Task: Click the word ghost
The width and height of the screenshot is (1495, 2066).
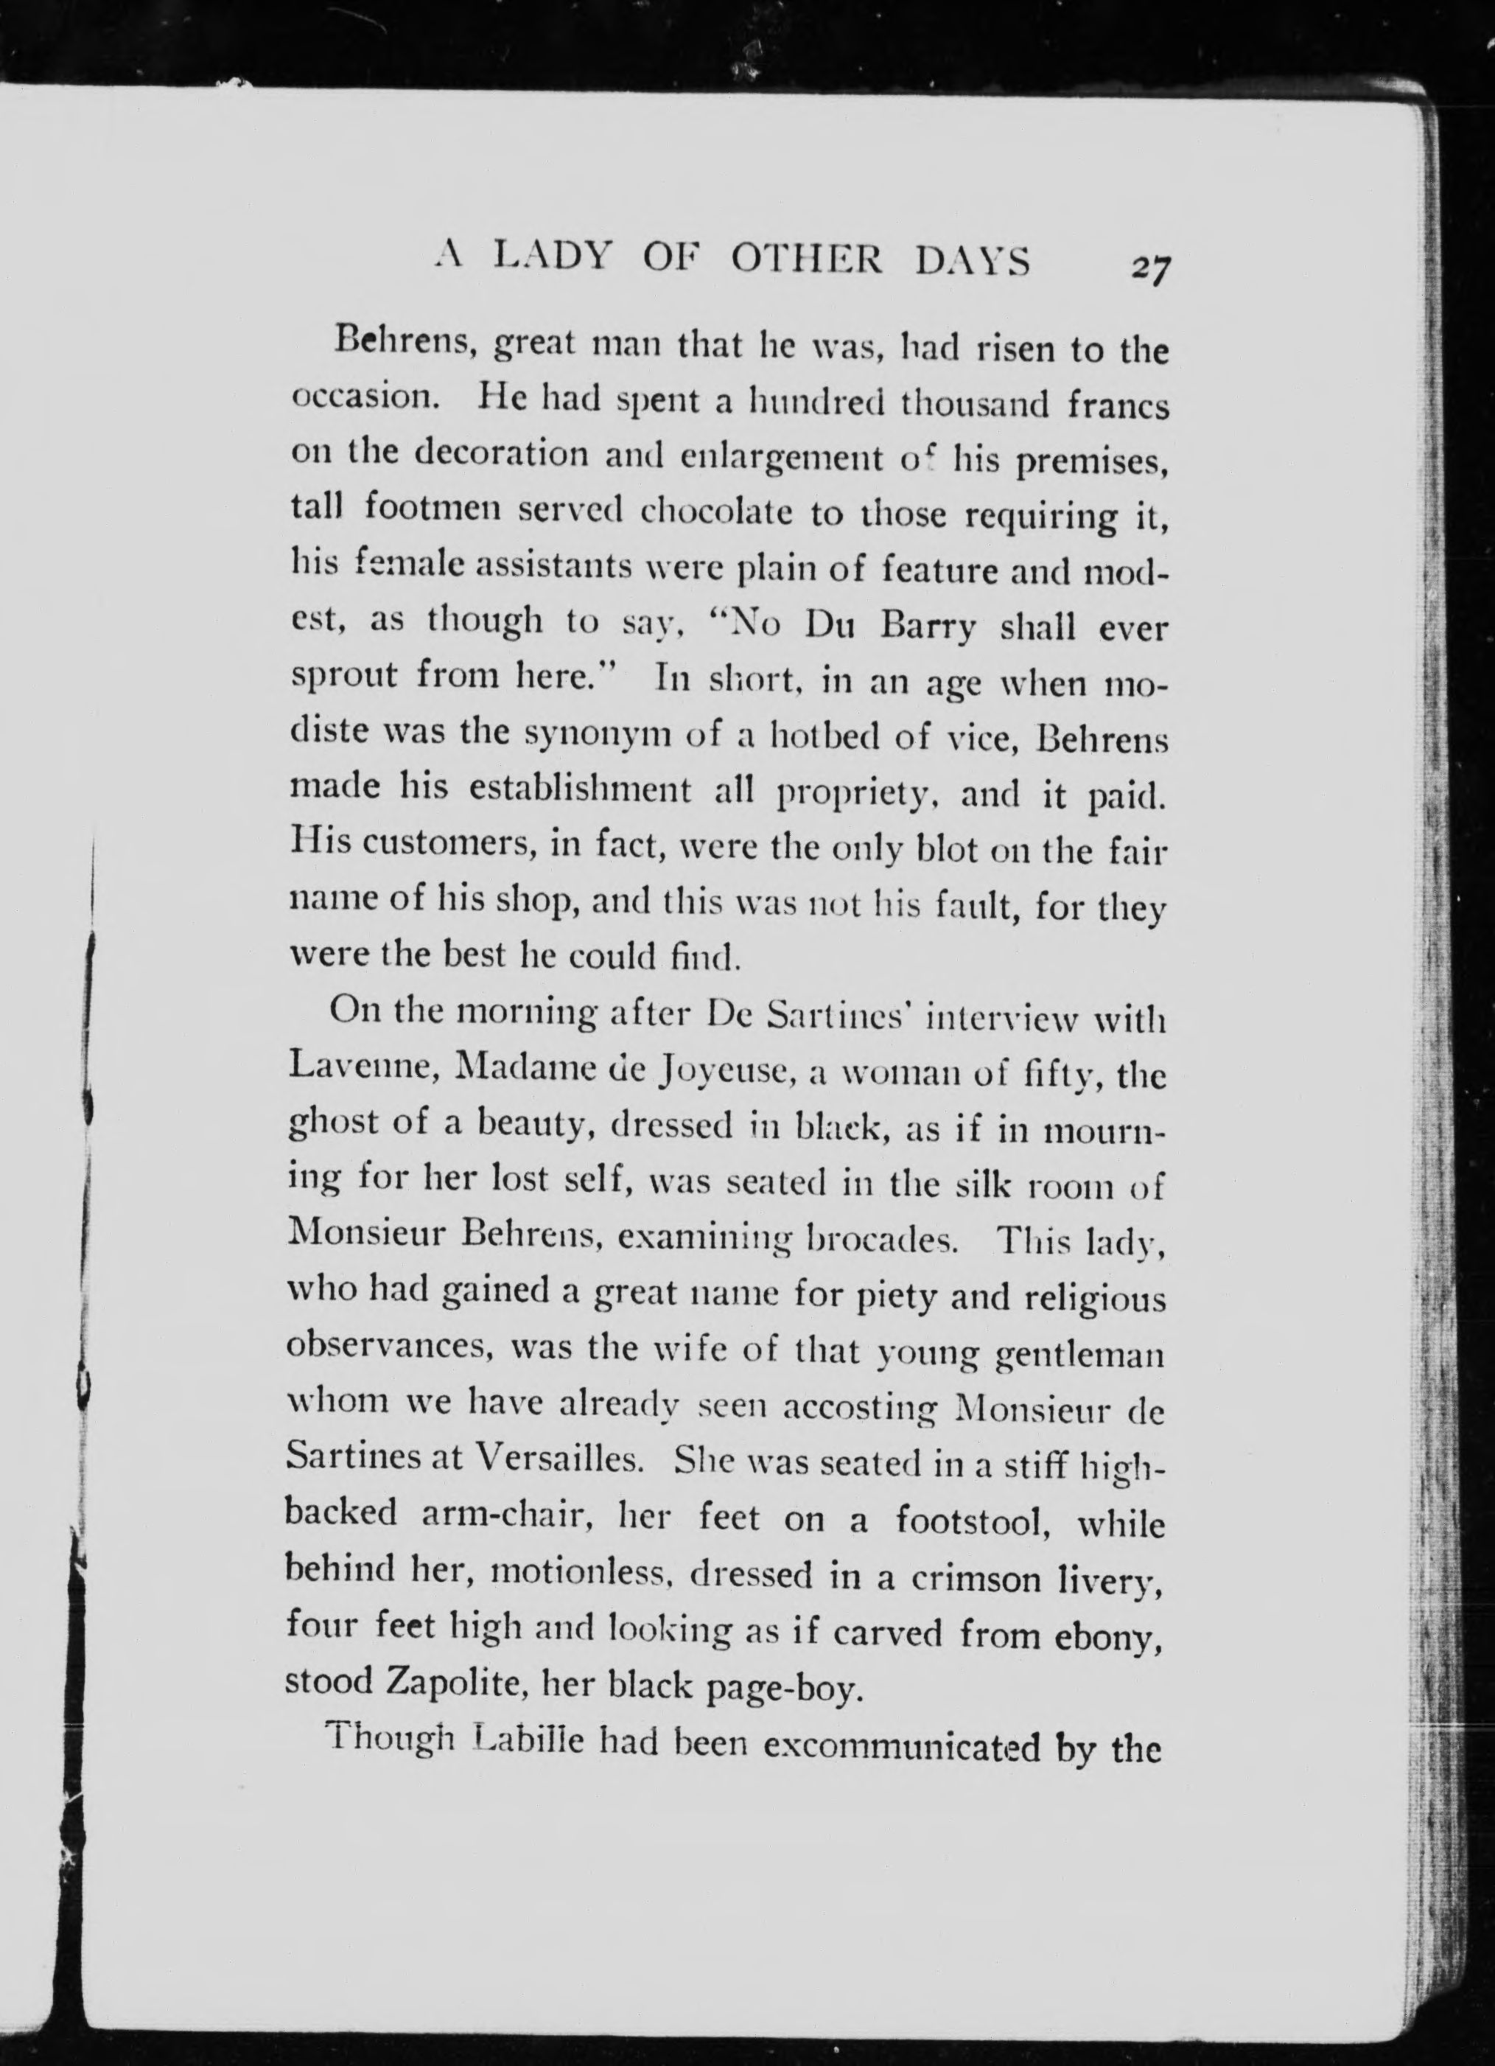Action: pyautogui.click(x=333, y=1125)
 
